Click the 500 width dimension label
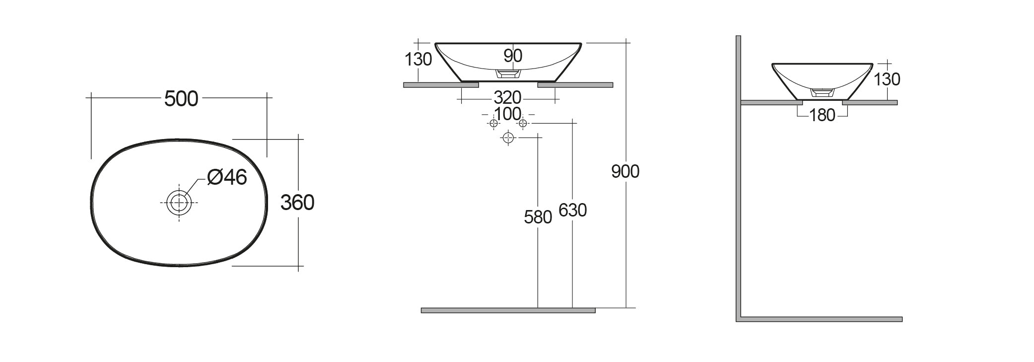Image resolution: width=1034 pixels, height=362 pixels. (x=181, y=99)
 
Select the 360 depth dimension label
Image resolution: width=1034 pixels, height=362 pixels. (x=297, y=203)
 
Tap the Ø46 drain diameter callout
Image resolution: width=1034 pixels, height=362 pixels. (x=227, y=177)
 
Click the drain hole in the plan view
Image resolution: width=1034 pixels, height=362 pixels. (x=179, y=203)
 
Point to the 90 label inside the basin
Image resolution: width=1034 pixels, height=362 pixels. (x=512, y=56)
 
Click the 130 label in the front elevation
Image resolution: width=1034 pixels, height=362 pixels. (x=418, y=60)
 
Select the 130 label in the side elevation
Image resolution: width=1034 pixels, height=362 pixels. (x=887, y=79)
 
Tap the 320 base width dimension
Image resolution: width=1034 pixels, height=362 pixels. (x=507, y=97)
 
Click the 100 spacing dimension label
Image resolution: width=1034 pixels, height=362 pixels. (x=507, y=114)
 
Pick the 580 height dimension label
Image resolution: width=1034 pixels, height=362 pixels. (x=538, y=217)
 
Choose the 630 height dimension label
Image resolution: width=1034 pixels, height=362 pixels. (x=572, y=211)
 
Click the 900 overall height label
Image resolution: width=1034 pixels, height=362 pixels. (x=625, y=172)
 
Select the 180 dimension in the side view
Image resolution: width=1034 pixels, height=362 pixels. (x=822, y=116)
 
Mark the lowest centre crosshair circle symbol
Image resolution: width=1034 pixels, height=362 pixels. (x=507, y=138)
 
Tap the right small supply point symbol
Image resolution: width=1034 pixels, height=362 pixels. (x=522, y=123)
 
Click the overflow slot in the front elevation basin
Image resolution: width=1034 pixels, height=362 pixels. (x=508, y=73)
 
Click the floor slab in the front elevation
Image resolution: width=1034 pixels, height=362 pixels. (x=508, y=310)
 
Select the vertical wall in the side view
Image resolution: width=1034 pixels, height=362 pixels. (x=738, y=179)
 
